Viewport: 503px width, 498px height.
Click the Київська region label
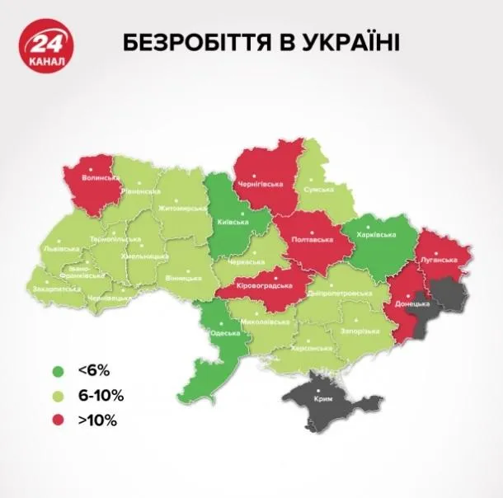click(228, 221)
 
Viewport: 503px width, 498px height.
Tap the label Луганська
click(439, 259)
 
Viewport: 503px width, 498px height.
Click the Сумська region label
click(318, 189)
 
